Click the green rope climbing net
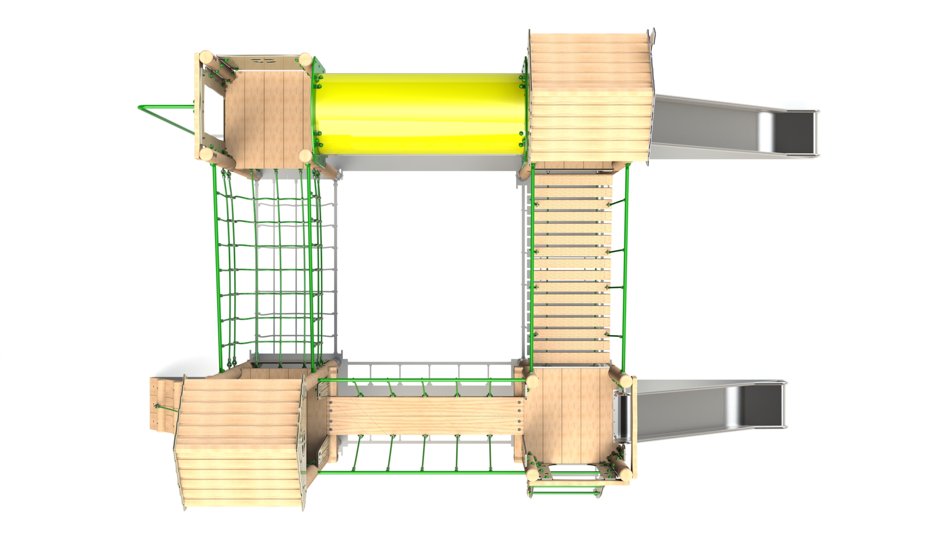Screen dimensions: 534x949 tap(269, 267)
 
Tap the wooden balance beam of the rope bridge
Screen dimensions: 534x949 tap(425, 415)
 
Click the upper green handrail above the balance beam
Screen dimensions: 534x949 tap(420, 380)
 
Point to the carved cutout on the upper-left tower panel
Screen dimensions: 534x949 tap(262, 61)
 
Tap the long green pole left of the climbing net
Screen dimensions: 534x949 tap(216, 267)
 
